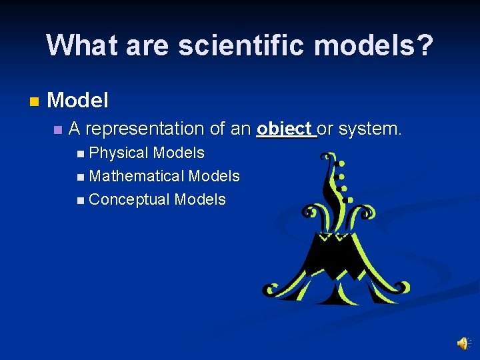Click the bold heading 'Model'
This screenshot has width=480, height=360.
78,101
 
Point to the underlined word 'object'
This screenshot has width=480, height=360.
285,128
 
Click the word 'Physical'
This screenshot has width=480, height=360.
119,153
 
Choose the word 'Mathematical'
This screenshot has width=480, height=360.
137,176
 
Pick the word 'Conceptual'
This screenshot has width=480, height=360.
129,199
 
